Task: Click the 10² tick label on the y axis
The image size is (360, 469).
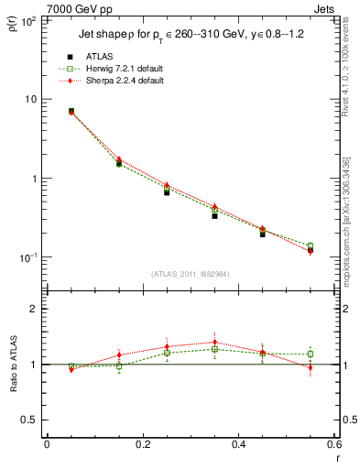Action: tap(30, 19)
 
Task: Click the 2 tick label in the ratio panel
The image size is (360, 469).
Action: tap(35, 310)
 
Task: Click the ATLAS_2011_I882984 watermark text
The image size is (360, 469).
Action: tap(190, 274)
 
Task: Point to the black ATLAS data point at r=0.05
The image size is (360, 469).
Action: tap(71, 111)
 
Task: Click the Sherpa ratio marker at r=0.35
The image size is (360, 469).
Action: tap(214, 343)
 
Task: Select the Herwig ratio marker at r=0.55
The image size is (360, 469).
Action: tap(311, 354)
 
